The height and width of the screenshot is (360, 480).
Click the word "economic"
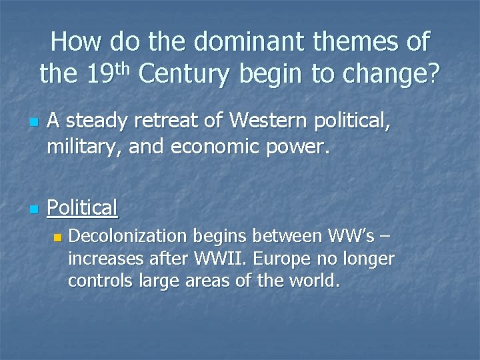point(208,145)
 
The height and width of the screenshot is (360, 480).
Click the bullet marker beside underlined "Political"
point(32,210)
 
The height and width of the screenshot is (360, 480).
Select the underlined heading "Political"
point(82,208)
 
